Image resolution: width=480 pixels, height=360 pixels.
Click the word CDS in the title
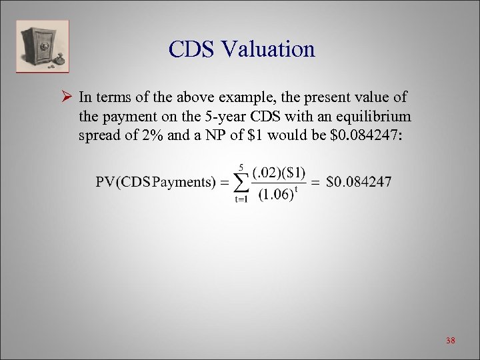pyautogui.click(x=195, y=49)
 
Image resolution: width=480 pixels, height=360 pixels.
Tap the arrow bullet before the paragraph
pyautogui.click(x=65, y=97)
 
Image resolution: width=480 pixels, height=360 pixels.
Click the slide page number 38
pyautogui.click(x=450, y=341)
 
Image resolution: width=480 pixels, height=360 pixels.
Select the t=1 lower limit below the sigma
pyautogui.click(x=241, y=199)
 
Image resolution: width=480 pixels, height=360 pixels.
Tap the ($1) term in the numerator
pyautogui.click(x=293, y=173)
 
